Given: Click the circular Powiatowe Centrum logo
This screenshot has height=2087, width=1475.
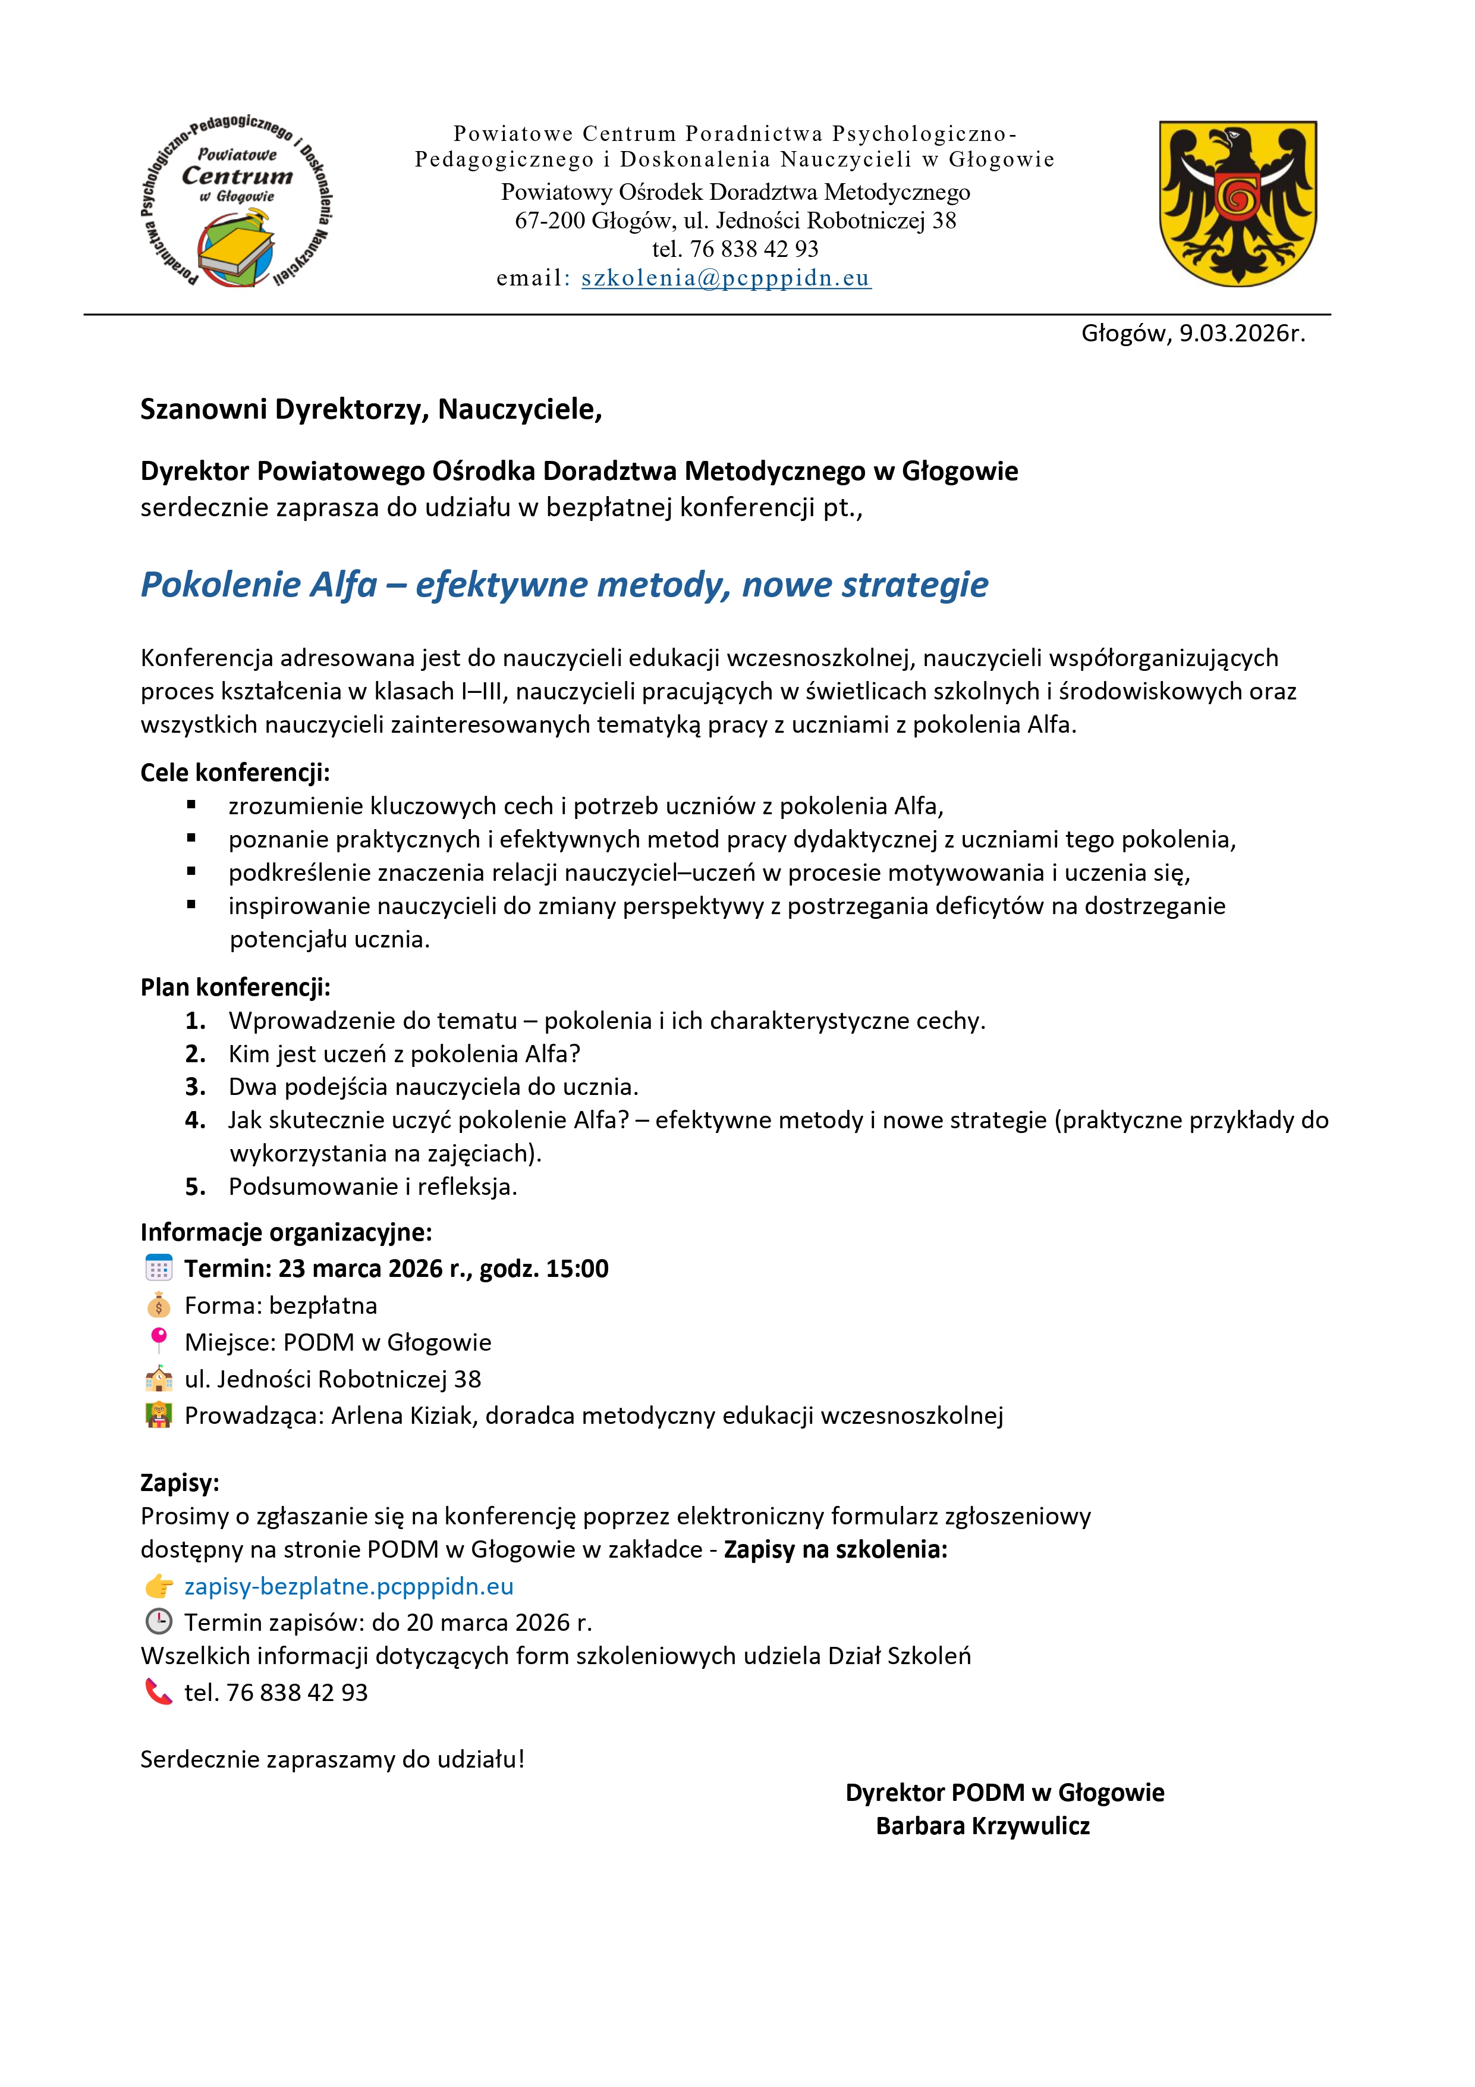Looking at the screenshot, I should (x=236, y=202).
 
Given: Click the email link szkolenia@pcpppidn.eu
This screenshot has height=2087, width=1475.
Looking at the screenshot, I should (x=725, y=278).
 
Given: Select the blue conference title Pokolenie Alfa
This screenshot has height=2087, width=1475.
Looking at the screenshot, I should (x=564, y=585).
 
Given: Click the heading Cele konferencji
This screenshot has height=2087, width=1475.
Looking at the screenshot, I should (x=234, y=773).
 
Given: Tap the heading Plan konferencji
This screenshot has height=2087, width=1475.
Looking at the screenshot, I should (x=234, y=987).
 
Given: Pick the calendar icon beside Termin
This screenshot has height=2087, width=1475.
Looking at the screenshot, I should (x=159, y=1269).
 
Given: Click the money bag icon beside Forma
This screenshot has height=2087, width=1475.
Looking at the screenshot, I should (x=159, y=1305).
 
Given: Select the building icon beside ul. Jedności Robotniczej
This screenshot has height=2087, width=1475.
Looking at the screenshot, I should (x=159, y=1379).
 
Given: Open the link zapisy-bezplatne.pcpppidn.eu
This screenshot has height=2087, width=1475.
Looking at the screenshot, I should (x=349, y=1586).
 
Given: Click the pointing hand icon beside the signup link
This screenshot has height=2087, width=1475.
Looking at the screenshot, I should (x=159, y=1586).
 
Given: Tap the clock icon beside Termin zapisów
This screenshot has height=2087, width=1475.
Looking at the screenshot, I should (x=159, y=1622).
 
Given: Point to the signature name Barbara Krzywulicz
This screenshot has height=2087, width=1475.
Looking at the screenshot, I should (x=982, y=1826).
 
